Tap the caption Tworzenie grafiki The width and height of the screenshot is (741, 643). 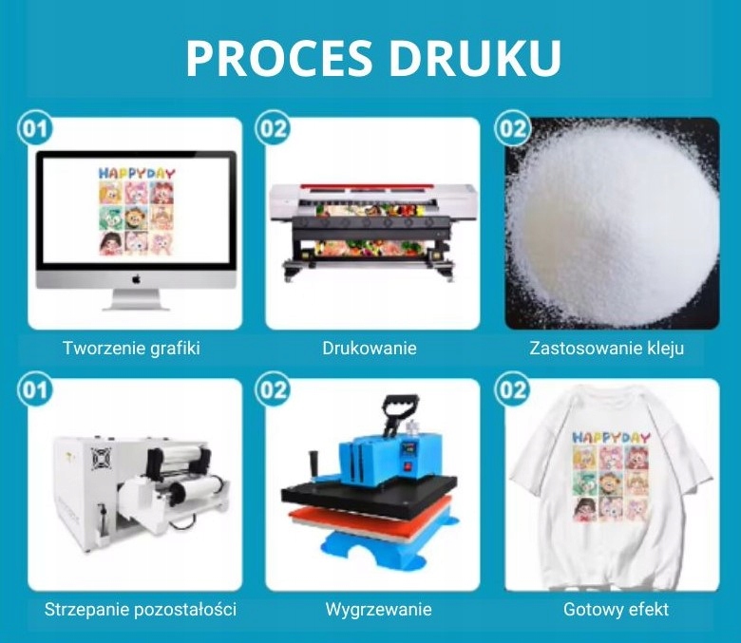tap(131, 348)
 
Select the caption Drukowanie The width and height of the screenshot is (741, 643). tap(370, 348)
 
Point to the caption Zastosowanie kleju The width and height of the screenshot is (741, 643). tap(606, 348)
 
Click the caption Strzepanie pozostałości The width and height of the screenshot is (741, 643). tap(141, 609)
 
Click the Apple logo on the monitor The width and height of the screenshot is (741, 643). tap(136, 278)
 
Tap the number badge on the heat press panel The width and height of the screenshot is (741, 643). tap(273, 389)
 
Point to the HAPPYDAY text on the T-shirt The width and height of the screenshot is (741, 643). tap(611, 437)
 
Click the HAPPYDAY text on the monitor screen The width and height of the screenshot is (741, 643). tap(136, 174)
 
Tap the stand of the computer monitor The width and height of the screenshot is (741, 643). tap(136, 299)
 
